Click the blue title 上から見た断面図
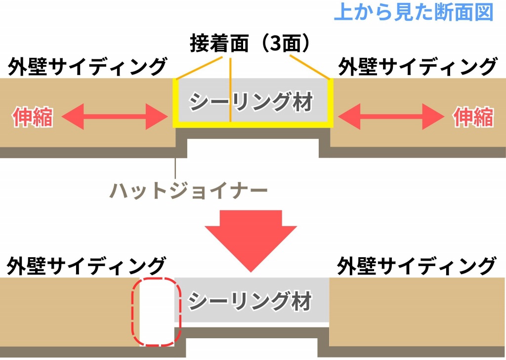(414, 12)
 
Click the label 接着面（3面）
(253, 44)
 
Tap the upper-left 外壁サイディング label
(87, 67)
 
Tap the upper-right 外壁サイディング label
(417, 67)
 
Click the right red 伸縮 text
(473, 118)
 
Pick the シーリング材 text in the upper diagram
(252, 103)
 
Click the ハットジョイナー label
(189, 190)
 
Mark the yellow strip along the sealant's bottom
(253, 124)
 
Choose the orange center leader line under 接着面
(230, 89)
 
